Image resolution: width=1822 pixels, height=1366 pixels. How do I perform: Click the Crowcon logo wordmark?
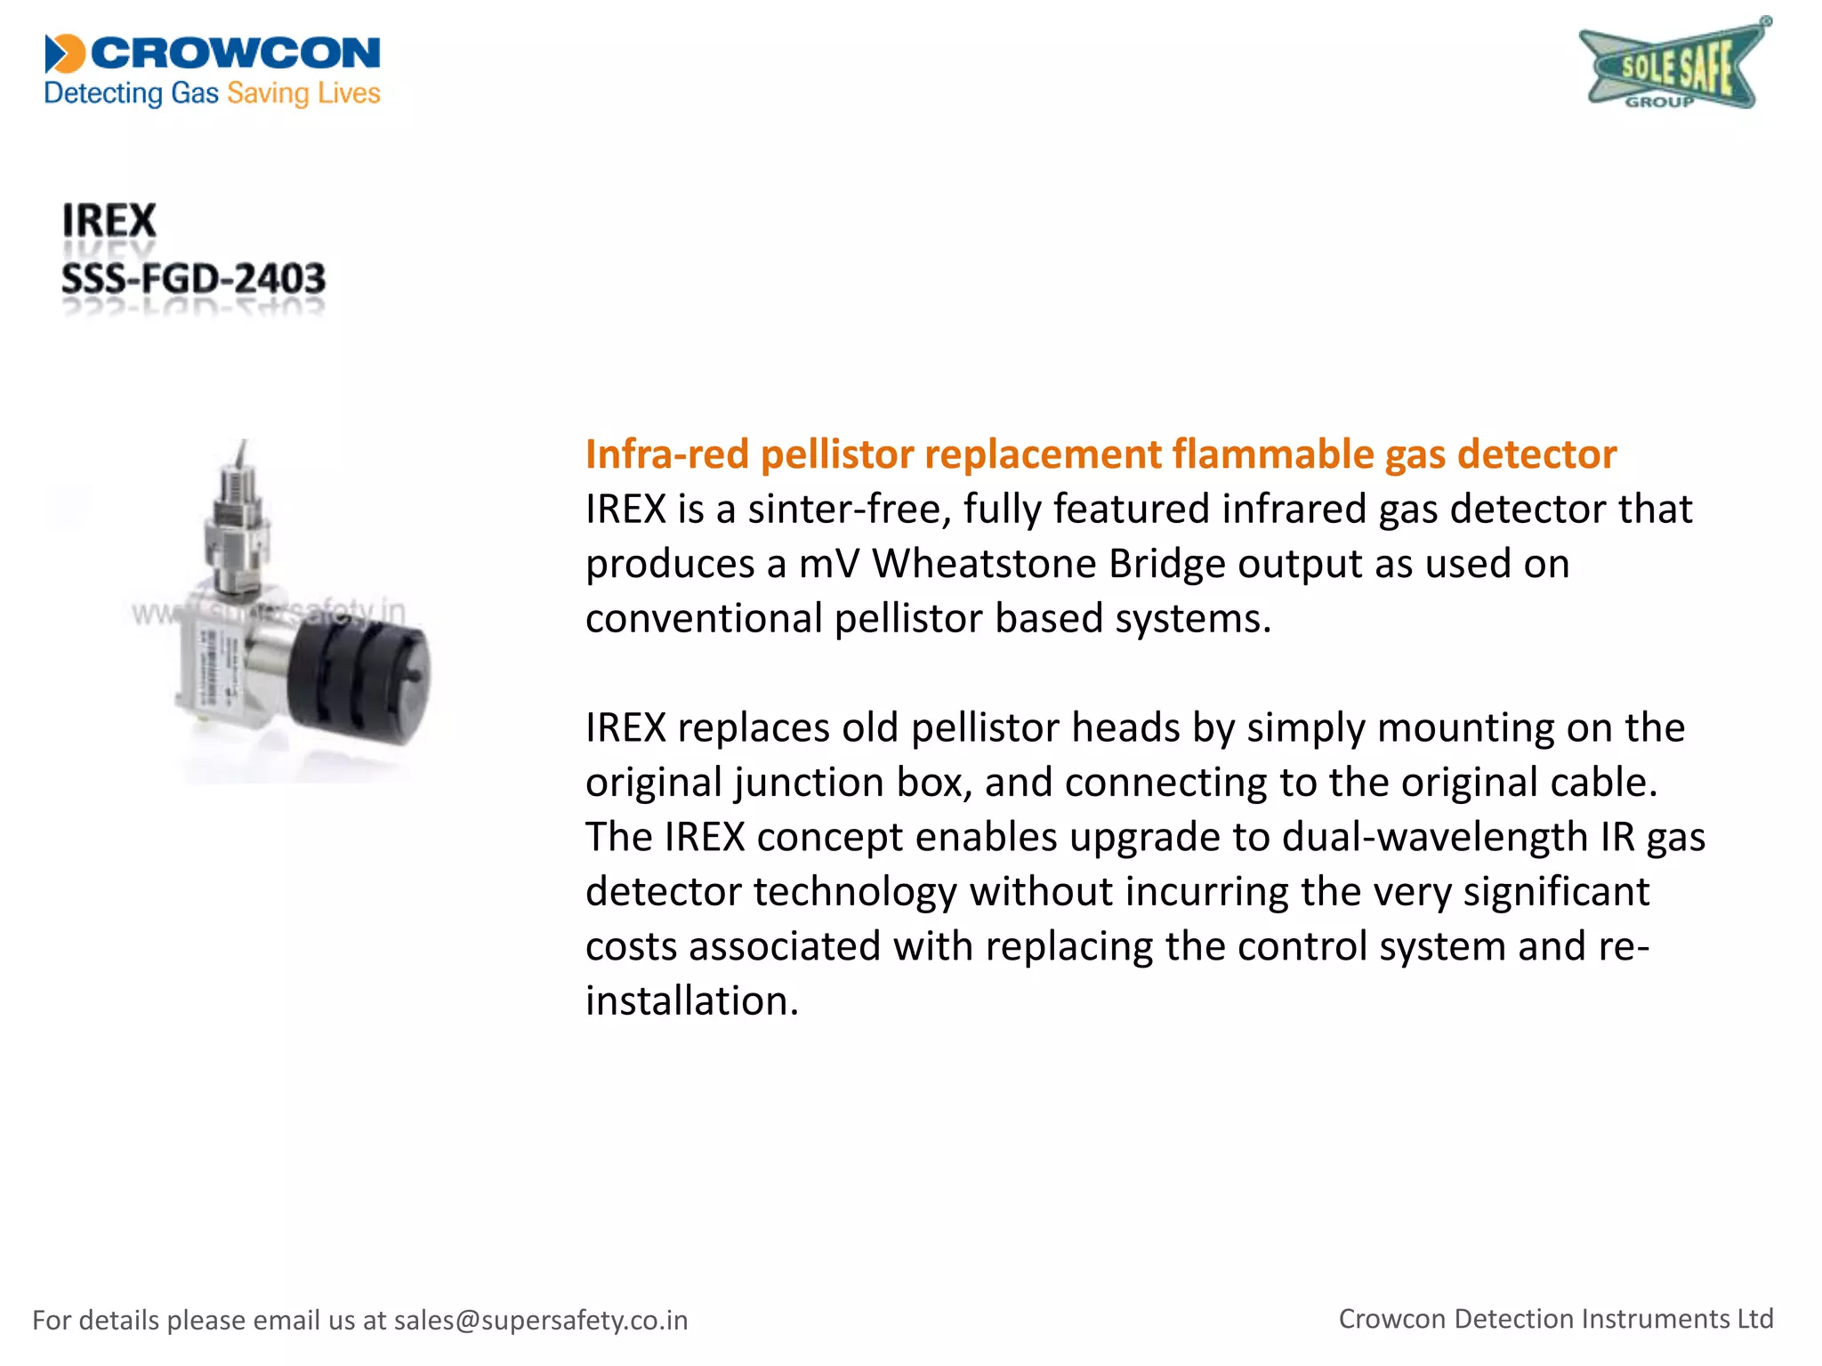pyautogui.click(x=235, y=53)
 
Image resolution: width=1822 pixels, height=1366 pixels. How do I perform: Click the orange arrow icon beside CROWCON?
pyautogui.click(x=64, y=53)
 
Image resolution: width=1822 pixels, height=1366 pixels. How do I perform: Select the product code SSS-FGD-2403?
pyautogui.click(x=193, y=279)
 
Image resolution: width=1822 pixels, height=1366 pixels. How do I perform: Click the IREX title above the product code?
pyautogui.click(x=109, y=221)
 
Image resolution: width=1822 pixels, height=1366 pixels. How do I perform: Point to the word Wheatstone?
pyautogui.click(x=983, y=564)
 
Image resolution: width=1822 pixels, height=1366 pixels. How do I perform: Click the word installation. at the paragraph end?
pyautogui.click(x=692, y=1001)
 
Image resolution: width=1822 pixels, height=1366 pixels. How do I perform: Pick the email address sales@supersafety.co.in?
pyautogui.click(x=541, y=1321)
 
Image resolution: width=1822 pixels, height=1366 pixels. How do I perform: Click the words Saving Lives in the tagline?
pyautogui.click(x=303, y=93)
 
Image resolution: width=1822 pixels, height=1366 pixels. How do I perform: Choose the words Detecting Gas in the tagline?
pyautogui.click(x=131, y=93)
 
